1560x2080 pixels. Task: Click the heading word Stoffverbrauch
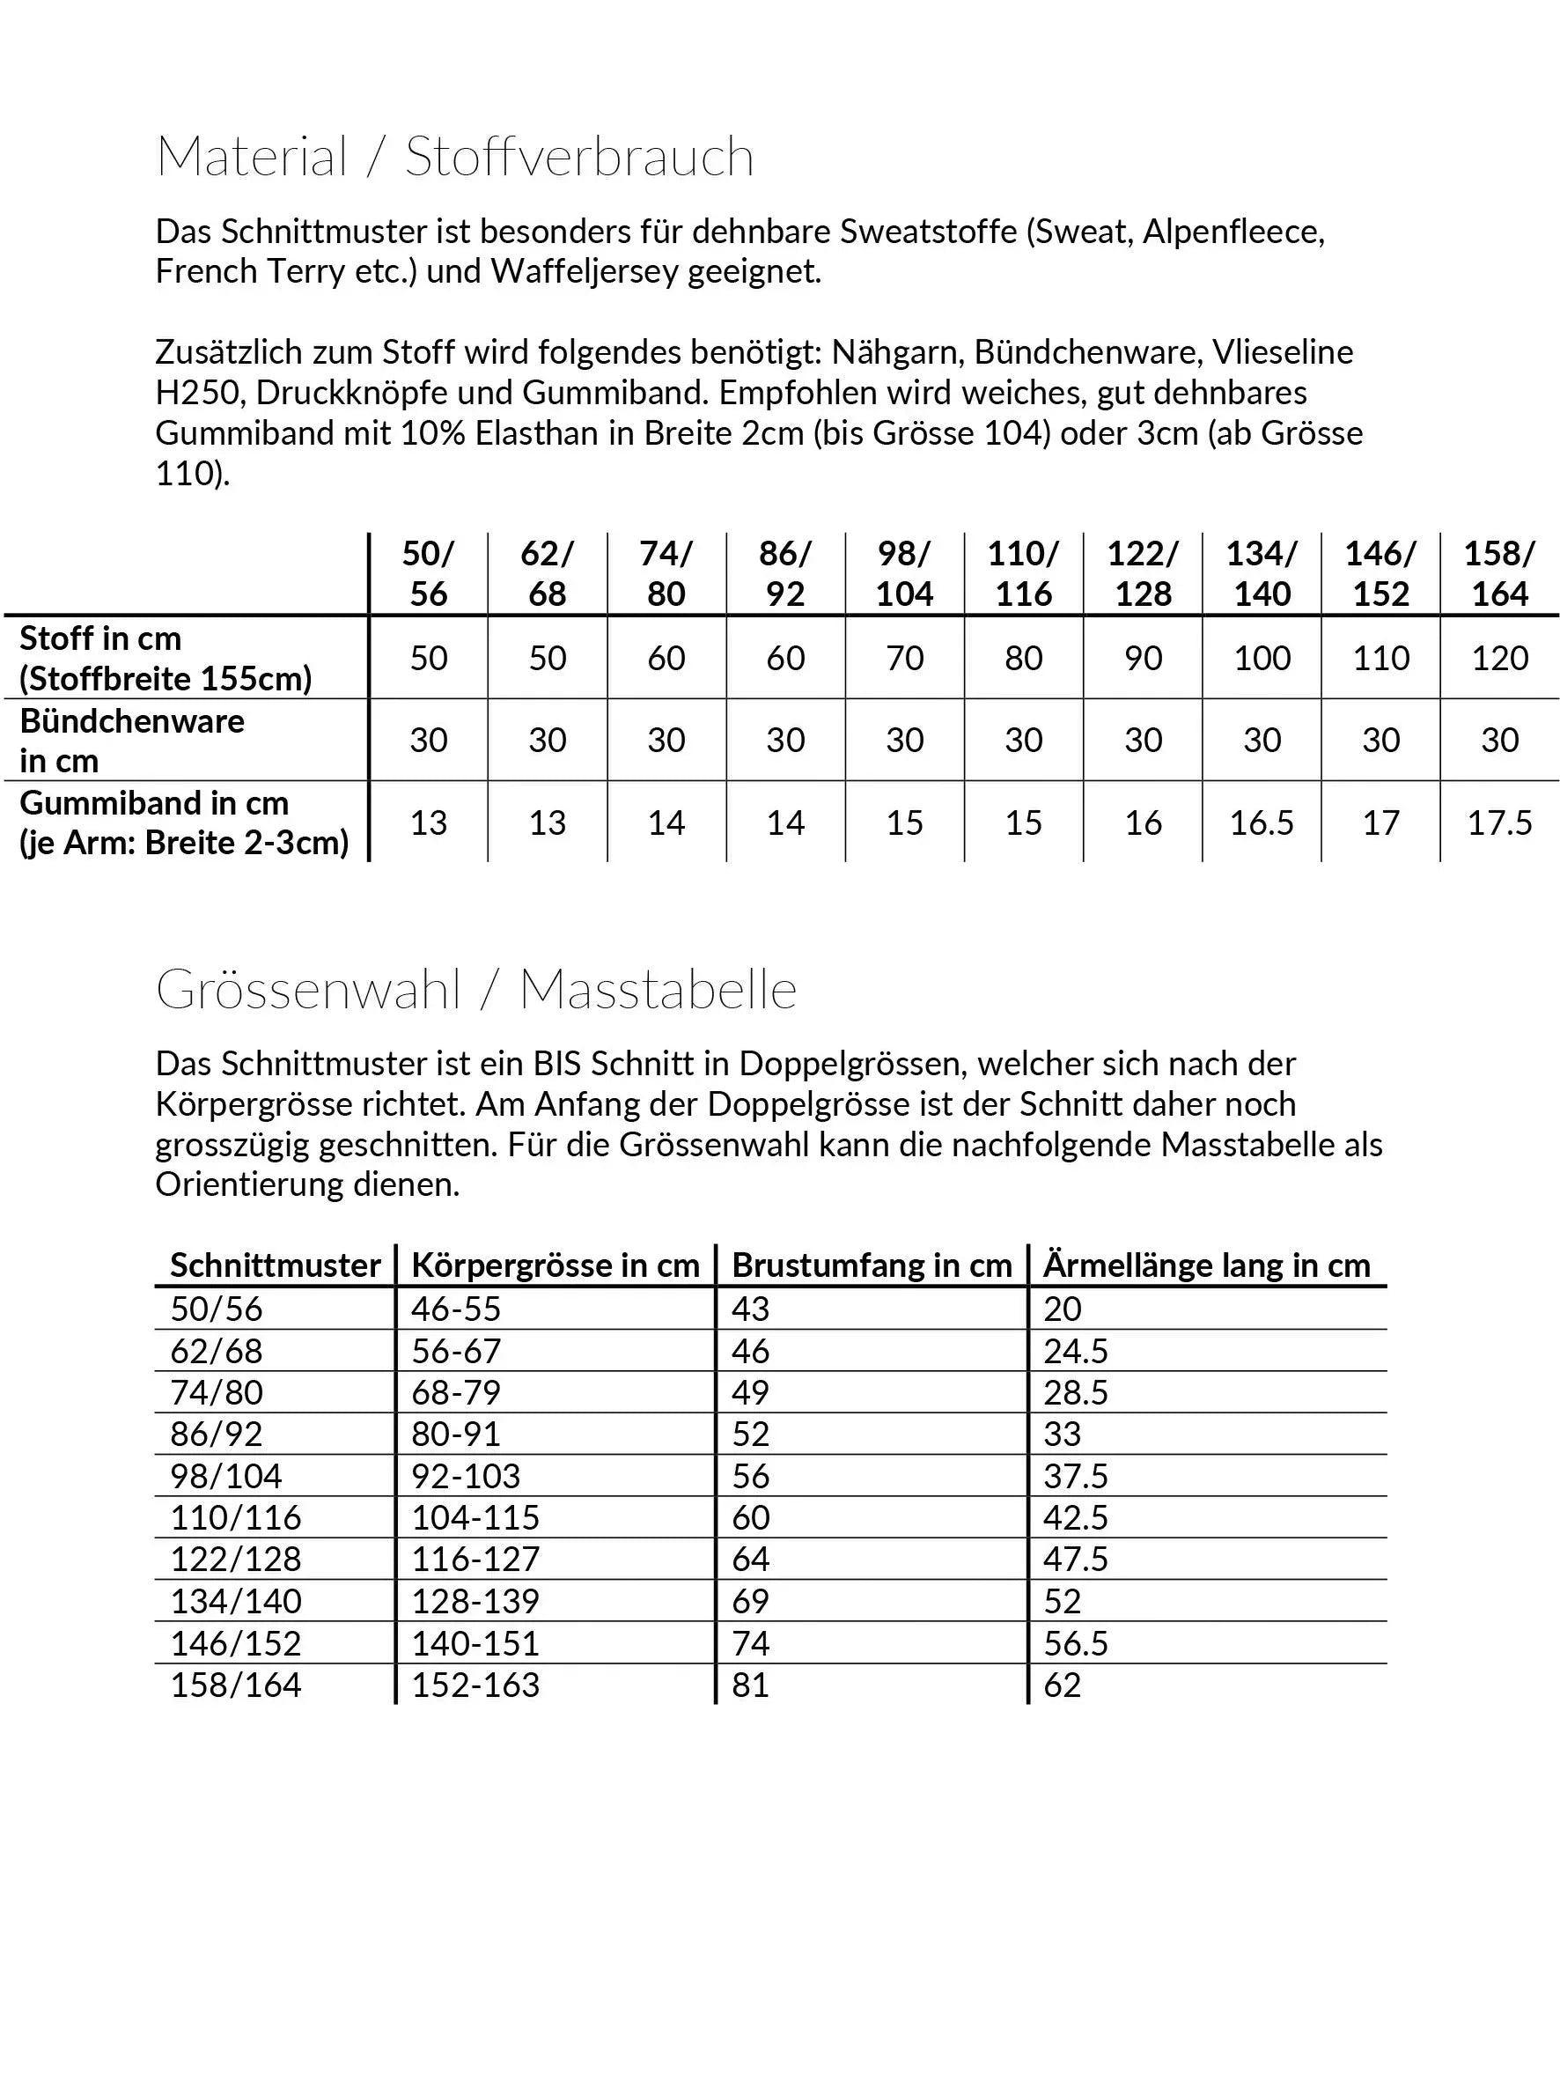tap(579, 157)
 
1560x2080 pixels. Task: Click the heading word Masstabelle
tap(658, 990)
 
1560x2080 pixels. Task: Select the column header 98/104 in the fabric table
tap(905, 573)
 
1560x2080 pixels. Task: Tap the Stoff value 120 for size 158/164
tap(1500, 658)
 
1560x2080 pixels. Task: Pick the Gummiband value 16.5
tap(1262, 823)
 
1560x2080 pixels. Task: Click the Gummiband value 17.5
tap(1500, 823)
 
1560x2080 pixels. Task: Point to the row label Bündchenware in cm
tap(132, 741)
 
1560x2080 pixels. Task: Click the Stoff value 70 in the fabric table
tap(905, 658)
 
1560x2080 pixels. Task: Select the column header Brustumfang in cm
tap(872, 1265)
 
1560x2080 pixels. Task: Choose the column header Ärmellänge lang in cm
tap(1206, 1265)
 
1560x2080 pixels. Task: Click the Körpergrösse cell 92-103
tap(466, 1476)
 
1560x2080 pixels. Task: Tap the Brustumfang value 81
tap(750, 1685)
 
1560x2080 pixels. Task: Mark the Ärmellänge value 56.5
tap(1076, 1644)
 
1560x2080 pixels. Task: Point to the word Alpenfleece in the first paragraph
tap(1233, 232)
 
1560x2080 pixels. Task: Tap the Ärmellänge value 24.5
tap(1076, 1351)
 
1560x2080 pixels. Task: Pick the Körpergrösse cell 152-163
tap(475, 1685)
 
